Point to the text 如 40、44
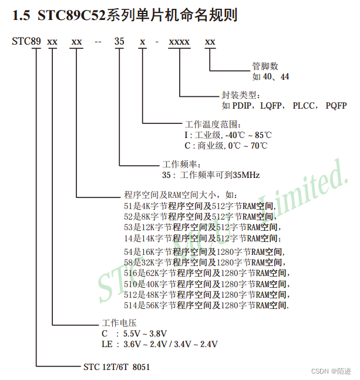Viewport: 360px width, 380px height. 271,76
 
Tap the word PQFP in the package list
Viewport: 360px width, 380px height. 336,106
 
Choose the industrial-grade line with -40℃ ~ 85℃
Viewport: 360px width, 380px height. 228,135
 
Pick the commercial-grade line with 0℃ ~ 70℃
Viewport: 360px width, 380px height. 226,145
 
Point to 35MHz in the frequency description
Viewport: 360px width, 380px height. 246,174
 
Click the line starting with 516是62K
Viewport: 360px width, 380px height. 206,273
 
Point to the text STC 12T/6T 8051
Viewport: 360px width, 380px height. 116,367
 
